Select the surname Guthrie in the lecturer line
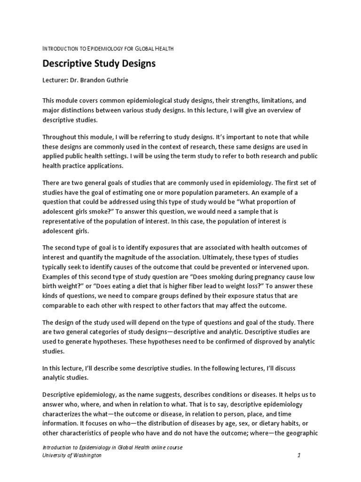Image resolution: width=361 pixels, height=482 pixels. [x=114, y=80]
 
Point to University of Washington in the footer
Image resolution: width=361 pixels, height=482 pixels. [x=72, y=456]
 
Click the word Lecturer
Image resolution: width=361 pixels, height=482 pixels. [x=56, y=80]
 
